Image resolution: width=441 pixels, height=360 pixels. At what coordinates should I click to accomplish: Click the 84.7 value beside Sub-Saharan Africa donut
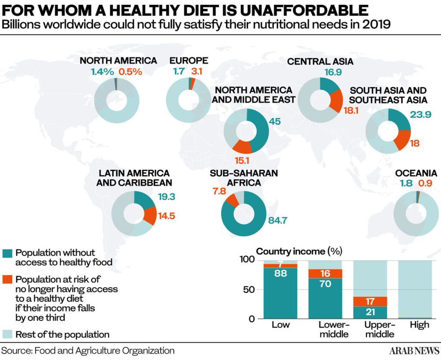click(x=277, y=221)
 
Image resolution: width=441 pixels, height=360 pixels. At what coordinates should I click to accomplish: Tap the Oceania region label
click(x=416, y=173)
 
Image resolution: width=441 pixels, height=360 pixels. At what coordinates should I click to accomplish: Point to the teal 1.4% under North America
click(x=102, y=72)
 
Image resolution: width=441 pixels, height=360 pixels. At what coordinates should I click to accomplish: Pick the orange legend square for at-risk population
click(x=7, y=279)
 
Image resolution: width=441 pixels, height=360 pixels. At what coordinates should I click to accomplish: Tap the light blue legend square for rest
click(x=7, y=334)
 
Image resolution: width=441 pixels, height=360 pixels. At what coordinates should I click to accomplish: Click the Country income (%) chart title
click(x=296, y=251)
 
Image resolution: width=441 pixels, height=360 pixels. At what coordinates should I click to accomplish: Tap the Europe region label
click(x=189, y=60)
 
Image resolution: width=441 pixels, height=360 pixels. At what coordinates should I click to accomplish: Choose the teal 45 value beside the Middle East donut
click(x=275, y=122)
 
